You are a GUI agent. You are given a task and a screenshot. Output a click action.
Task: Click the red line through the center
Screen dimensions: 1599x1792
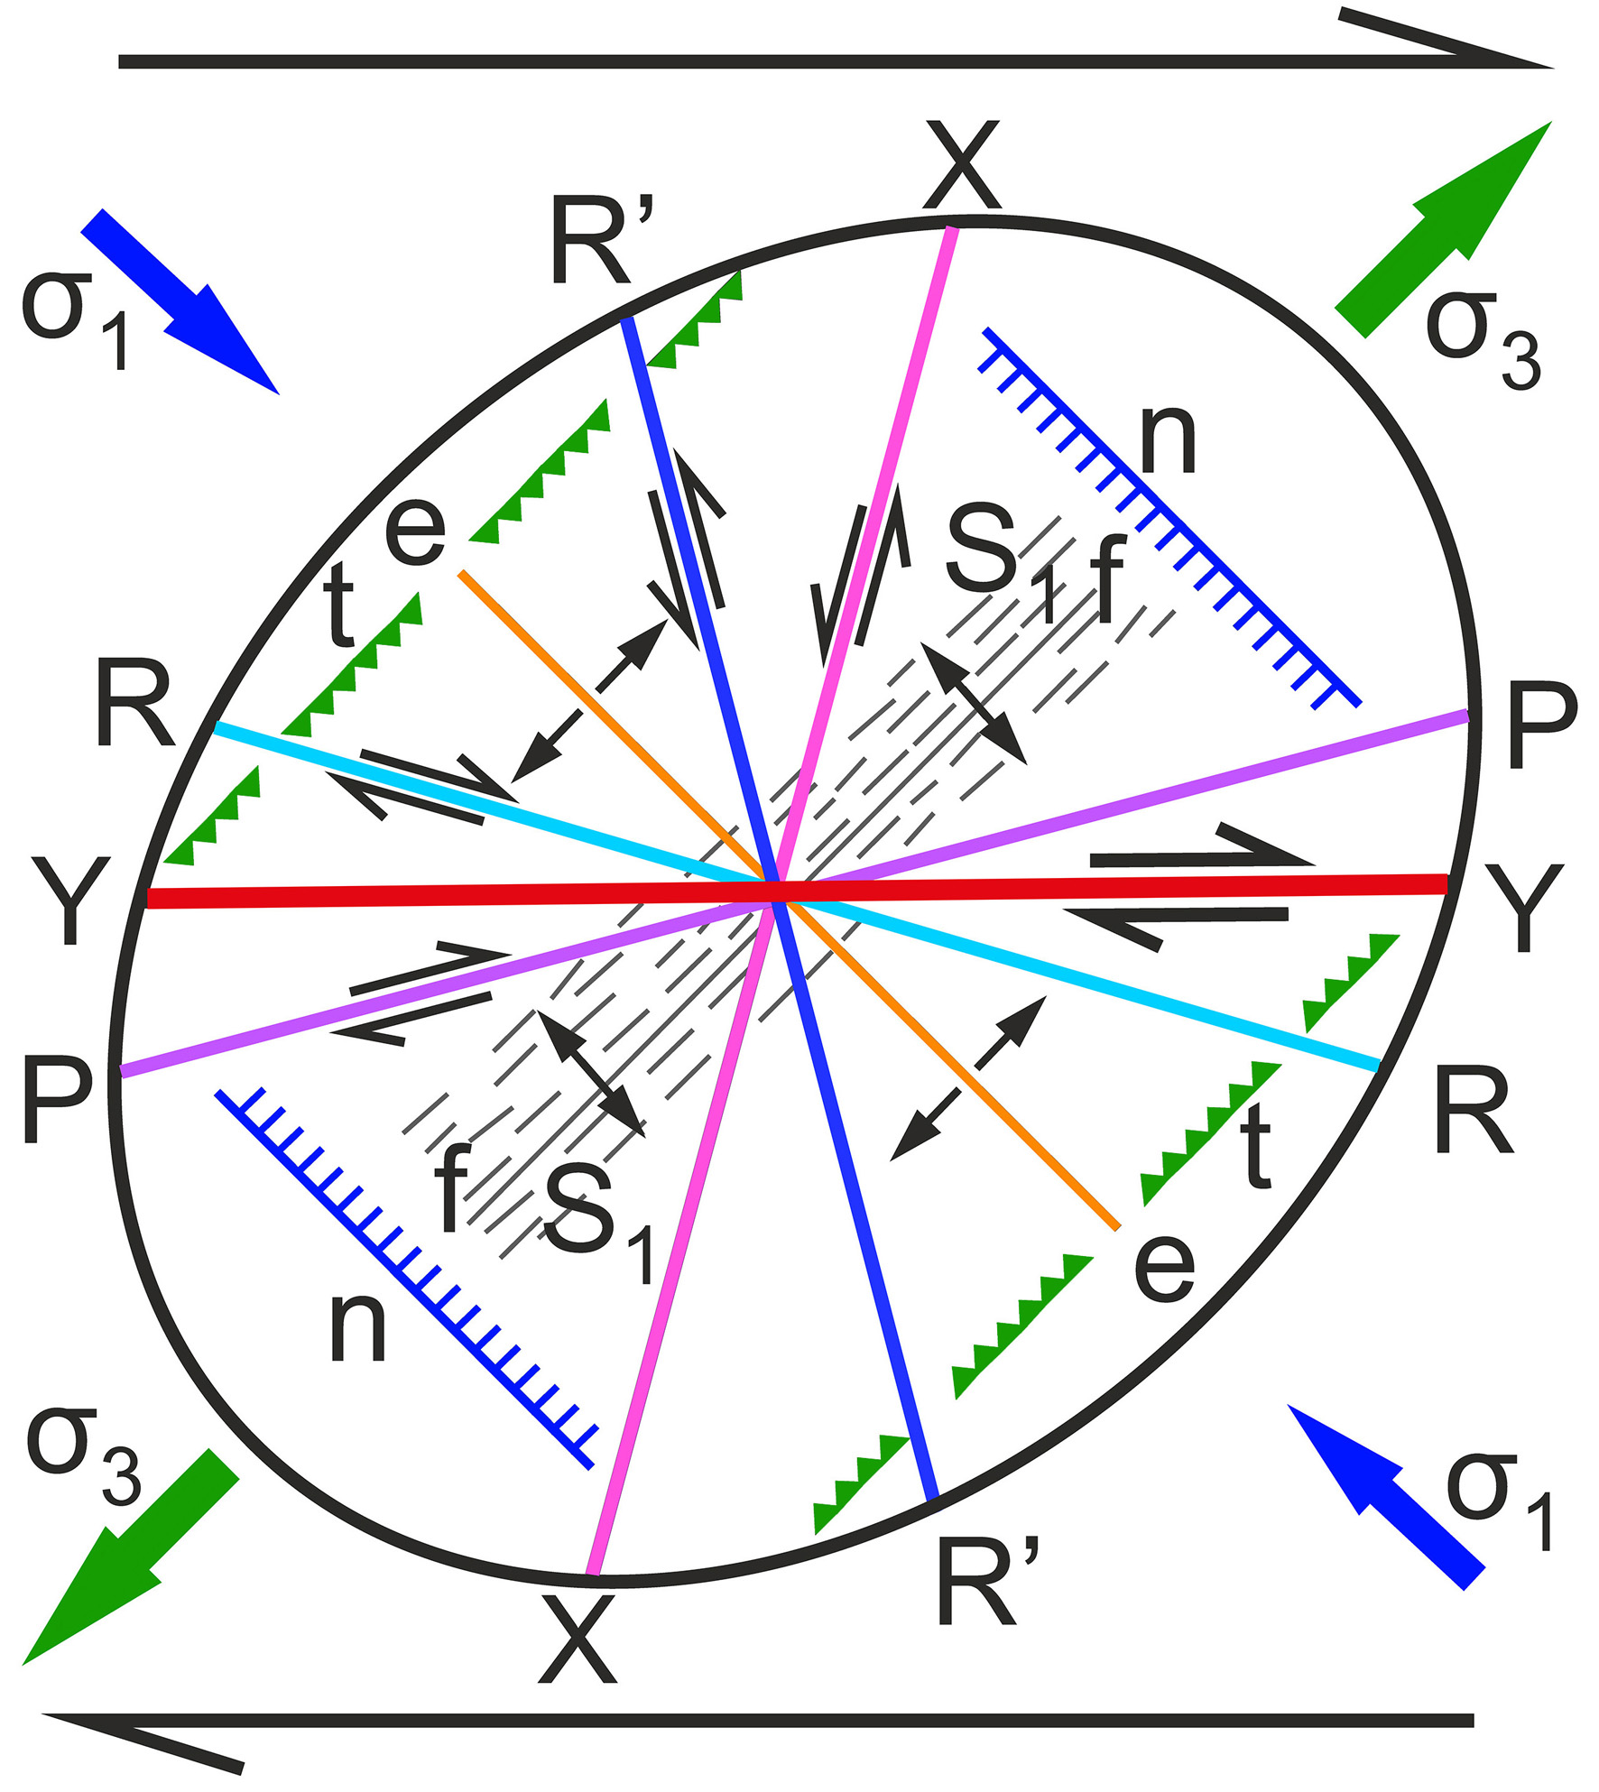click(798, 891)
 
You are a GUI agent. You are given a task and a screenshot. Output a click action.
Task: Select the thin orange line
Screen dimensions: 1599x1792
click(790, 900)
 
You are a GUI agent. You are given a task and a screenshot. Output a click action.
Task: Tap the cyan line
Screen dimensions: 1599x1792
click(795, 895)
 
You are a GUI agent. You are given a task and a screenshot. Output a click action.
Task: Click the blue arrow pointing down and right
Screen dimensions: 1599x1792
click(180, 301)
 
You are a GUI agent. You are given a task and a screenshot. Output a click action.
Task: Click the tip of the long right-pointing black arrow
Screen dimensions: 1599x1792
click(1554, 67)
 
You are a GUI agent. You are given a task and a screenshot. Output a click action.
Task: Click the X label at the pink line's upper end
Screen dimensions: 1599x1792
click(962, 165)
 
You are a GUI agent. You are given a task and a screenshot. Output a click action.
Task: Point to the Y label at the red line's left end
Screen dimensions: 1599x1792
click(71, 901)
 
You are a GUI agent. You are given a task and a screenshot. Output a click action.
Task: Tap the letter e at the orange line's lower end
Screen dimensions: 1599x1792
click(1164, 1268)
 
